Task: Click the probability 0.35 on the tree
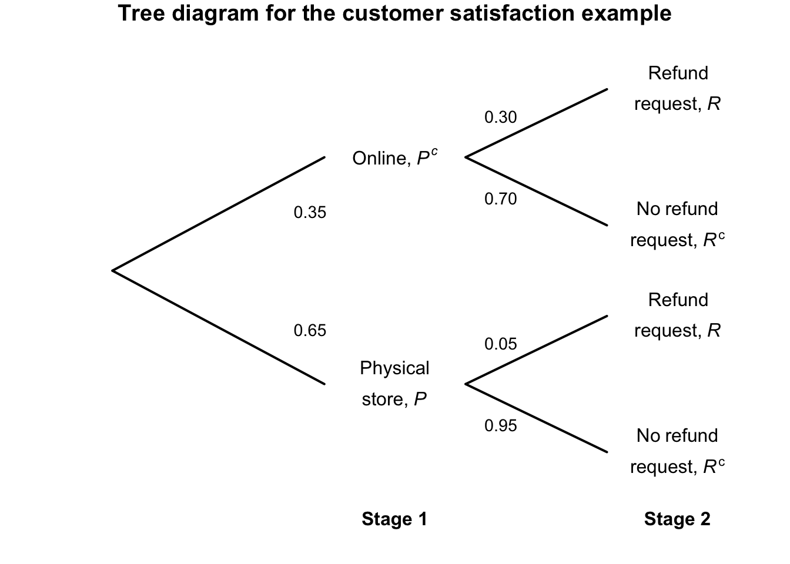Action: pyautogui.click(x=310, y=213)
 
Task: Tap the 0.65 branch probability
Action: pyautogui.click(x=310, y=331)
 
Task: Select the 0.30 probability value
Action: pyautogui.click(x=500, y=117)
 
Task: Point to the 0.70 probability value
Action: pyautogui.click(x=500, y=199)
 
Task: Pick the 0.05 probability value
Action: pyautogui.click(x=500, y=344)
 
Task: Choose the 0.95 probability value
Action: pyautogui.click(x=500, y=426)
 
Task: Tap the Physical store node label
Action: pyautogui.click(x=394, y=384)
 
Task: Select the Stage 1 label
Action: pyautogui.click(x=394, y=519)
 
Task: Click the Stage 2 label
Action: pyautogui.click(x=677, y=519)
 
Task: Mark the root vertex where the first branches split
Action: pyautogui.click(x=113, y=271)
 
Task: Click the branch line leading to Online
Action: pyautogui.click(x=219, y=214)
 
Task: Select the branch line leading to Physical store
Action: pyautogui.click(x=219, y=327)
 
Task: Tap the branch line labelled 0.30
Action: pyautogui.click(x=536, y=123)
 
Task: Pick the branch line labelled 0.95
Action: pyautogui.click(x=536, y=418)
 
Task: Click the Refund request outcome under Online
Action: pyautogui.click(x=677, y=89)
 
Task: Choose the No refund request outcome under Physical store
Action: pyautogui.click(x=677, y=451)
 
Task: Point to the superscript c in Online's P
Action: pyautogui.click(x=434, y=152)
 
